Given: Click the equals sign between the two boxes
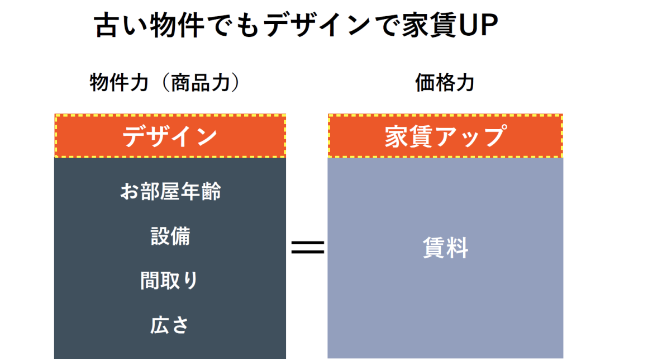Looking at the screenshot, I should tap(307, 248).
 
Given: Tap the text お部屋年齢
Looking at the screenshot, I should tap(170, 192).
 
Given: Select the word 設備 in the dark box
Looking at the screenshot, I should tap(170, 236).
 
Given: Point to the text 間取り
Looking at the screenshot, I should tap(170, 281).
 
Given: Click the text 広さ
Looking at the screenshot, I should tap(170, 325).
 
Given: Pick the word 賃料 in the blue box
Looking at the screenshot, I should tap(445, 248).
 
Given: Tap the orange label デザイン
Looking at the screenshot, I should tap(170, 136).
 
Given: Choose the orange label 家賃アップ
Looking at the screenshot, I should tap(445, 136).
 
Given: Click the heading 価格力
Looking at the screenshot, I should tap(445, 83).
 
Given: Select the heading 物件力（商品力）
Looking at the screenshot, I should tap(165, 83).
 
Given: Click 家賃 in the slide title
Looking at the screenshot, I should tap(428, 26).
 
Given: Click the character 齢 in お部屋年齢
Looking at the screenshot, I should tap(211, 192).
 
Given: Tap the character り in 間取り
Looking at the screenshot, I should tap(191, 281).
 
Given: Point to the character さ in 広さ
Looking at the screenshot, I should tap(180, 325).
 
